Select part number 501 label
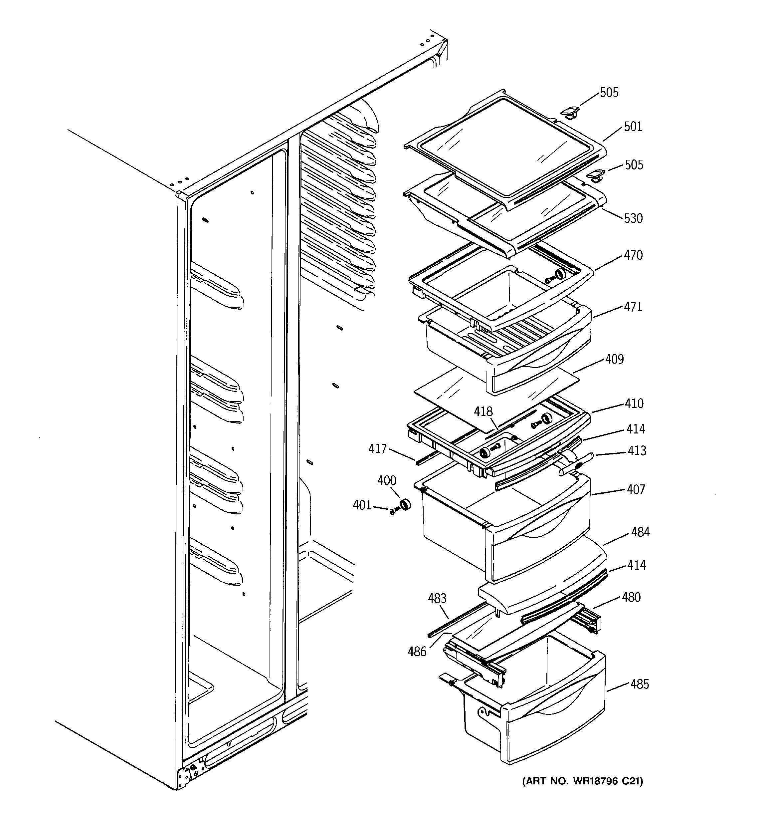pos(633,127)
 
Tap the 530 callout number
pos(633,218)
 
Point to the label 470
pos(633,255)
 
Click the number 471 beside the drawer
pos(633,307)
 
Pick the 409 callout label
pos(614,359)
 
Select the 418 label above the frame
pos(483,412)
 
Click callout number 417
pos(377,448)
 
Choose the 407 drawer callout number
pos(636,489)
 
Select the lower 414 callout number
pos(636,565)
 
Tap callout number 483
pos(437,599)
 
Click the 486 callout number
pos(417,652)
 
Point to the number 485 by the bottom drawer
pos(640,684)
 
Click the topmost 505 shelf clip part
pos(569,112)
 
